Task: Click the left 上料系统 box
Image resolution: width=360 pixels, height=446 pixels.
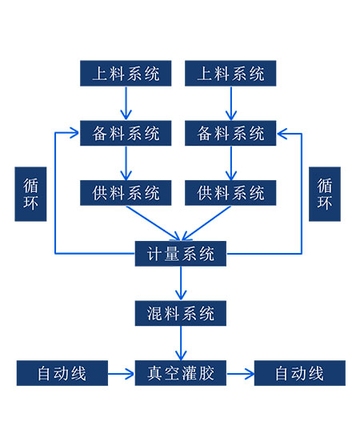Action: pos(126,73)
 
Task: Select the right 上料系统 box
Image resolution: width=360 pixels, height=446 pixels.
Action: pos(230,73)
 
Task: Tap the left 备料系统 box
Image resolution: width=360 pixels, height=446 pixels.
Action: pos(126,133)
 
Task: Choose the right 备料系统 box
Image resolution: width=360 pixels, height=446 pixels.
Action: pos(230,133)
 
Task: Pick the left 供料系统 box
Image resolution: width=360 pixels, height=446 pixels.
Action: pos(126,192)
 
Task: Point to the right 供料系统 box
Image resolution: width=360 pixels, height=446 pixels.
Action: pos(230,192)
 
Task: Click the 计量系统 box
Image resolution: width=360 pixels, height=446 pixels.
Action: pos(181,254)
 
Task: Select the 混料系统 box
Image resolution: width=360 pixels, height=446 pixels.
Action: pos(181,313)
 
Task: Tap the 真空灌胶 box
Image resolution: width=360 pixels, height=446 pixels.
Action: pos(181,373)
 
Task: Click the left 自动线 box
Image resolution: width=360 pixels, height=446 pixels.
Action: pos(62,373)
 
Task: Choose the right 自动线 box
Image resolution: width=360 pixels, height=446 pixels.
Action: pos(300,373)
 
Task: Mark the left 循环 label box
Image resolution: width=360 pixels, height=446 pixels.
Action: pos(30,194)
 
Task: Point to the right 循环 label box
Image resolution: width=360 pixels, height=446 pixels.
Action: pos(325,194)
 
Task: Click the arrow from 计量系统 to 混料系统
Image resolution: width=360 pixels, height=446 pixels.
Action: pos(181,283)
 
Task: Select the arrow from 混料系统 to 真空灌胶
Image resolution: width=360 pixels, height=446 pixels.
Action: pos(181,343)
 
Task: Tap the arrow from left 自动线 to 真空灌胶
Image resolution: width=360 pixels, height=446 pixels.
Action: pos(121,374)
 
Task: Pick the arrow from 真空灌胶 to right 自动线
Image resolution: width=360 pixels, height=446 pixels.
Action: pos(240,374)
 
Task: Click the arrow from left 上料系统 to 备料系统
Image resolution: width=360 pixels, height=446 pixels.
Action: pos(126,103)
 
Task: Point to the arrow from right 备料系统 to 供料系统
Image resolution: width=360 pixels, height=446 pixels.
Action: pos(231,163)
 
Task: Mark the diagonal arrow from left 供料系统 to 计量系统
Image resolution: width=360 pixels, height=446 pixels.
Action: pos(154,223)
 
